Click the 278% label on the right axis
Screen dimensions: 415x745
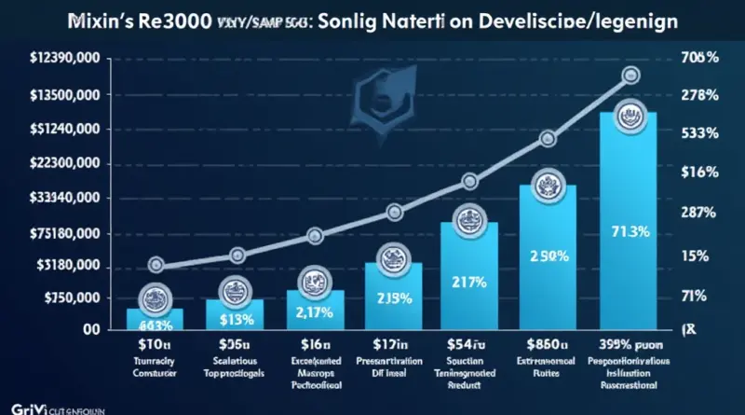[698, 94]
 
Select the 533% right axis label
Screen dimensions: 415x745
[698, 132]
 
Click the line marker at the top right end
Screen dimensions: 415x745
[630, 75]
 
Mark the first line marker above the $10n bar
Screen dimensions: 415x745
[156, 265]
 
